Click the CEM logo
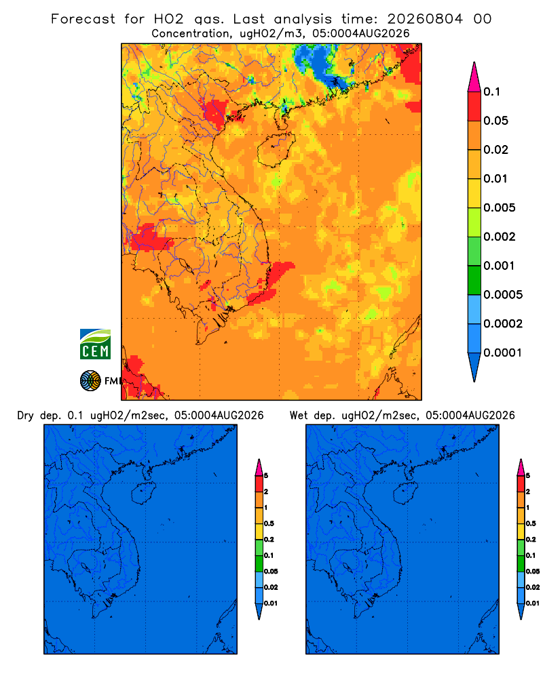click(95, 344)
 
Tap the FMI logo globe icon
click(90, 381)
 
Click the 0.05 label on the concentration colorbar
click(495, 121)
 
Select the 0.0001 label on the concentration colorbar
click(503, 353)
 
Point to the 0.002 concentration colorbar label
click(500, 237)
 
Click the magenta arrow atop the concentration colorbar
click(474, 77)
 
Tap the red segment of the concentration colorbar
click(474, 106)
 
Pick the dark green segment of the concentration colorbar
click(474, 280)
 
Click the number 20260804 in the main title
click(425, 19)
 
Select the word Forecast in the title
click(83, 19)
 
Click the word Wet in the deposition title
click(299, 416)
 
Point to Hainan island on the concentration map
click(276, 150)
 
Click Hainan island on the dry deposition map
click(143, 494)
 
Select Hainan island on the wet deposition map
click(405, 494)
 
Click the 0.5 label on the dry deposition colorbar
click(269, 523)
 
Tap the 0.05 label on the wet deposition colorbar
click(533, 571)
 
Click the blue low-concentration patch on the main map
click(319, 65)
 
